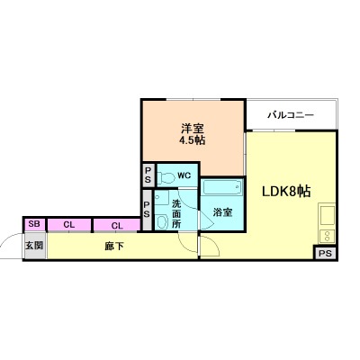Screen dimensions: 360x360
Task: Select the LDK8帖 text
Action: [x=286, y=191]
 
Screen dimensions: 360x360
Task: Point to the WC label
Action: [x=183, y=175]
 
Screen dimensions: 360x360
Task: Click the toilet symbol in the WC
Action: [x=165, y=175]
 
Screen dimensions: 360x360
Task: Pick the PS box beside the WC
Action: [x=148, y=175]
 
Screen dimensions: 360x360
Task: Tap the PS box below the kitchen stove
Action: [x=324, y=253]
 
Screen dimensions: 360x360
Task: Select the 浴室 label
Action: [x=222, y=212]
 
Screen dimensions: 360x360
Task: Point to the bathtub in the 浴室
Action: [x=222, y=190]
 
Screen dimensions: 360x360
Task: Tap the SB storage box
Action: [x=34, y=224]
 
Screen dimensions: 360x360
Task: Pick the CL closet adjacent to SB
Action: [x=67, y=224]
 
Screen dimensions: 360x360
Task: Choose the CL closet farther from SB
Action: [x=116, y=224]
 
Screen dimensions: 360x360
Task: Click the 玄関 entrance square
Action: [x=34, y=245]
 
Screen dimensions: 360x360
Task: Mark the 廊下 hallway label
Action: [x=113, y=245]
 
